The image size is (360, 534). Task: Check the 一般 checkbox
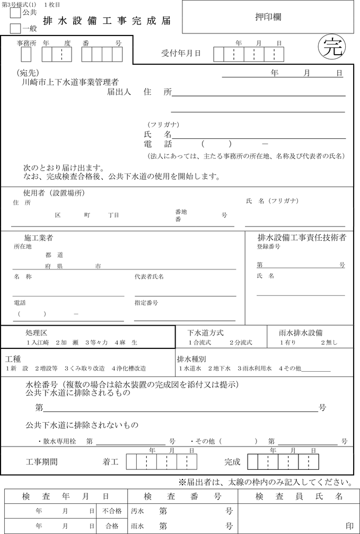point(15,28)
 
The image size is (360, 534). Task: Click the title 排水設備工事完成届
point(107,21)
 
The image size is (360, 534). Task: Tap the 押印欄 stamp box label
point(268,16)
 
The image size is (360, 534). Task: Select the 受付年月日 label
point(181,53)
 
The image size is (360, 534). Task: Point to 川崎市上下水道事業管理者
point(67,82)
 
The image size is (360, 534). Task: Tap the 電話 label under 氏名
point(158,144)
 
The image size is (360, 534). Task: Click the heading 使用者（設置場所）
point(54,192)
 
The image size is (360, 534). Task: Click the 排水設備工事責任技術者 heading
point(302,238)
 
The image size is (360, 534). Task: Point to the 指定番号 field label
point(146,302)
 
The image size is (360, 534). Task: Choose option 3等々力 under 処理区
point(97,343)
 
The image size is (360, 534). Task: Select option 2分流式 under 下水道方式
point(241,343)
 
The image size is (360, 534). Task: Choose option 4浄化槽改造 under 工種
point(129,368)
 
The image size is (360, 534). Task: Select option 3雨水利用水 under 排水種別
point(254,368)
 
